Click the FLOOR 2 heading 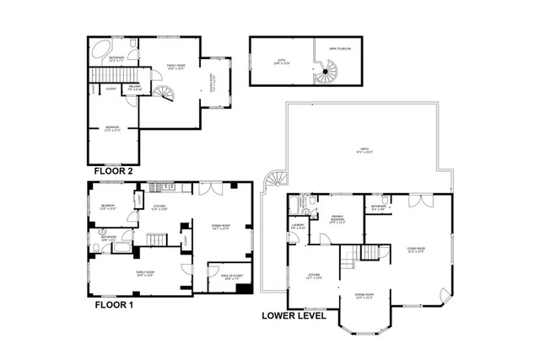click(x=113, y=169)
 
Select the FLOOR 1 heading click(x=113, y=305)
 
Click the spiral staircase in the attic click(x=326, y=77)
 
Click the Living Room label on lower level click(x=415, y=250)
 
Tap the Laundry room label click(x=299, y=227)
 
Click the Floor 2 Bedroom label click(x=112, y=129)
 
